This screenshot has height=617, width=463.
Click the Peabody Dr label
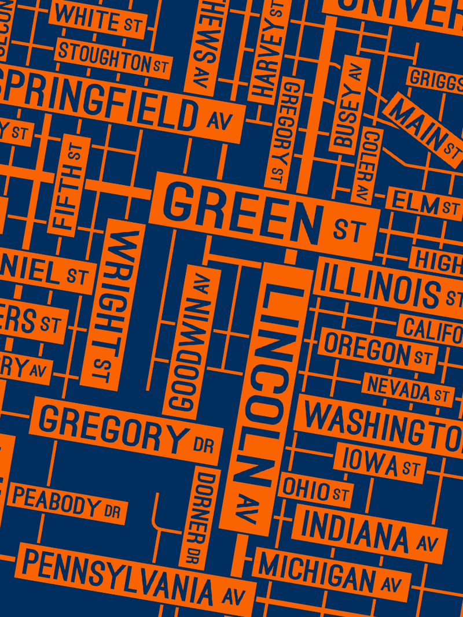(66, 503)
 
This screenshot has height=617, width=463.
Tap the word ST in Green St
(349, 230)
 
